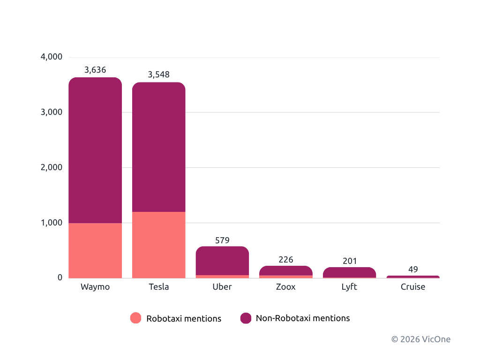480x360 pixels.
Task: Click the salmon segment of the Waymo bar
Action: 95,250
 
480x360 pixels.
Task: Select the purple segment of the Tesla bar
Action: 158,147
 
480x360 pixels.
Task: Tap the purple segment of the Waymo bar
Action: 95,150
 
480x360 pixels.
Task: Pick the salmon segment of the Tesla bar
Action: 158,245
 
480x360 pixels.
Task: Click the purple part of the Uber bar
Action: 222,261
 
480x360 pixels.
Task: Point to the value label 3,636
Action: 95,70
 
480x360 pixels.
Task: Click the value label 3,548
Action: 158,75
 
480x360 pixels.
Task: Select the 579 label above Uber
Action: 222,240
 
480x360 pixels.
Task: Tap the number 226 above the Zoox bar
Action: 285,260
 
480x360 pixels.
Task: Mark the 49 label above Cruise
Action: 413,270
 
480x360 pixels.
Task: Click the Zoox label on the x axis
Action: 285,287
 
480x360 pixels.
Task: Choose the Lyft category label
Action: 349,287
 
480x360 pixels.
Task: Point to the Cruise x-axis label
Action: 413,287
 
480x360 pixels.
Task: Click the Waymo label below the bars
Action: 95,287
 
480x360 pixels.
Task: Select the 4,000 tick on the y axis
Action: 52,57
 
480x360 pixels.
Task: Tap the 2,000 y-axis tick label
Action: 52,167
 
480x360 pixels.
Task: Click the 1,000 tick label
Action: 52,223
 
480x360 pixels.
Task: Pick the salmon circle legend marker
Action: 135,318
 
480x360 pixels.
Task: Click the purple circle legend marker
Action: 246,318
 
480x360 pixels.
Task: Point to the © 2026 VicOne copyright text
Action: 421,339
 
